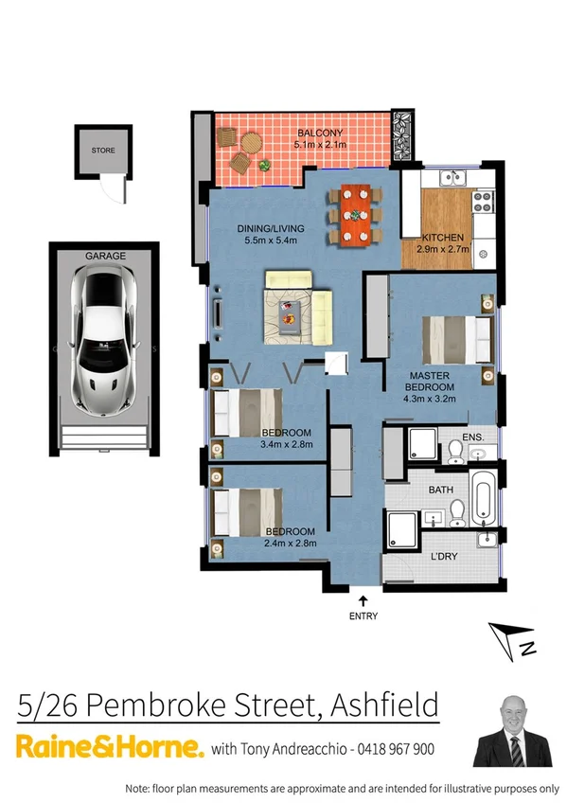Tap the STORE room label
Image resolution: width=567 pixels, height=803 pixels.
102,151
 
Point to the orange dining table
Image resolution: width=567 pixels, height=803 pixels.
354,214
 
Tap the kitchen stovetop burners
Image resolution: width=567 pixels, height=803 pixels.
483,200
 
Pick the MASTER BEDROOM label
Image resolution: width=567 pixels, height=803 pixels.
431,381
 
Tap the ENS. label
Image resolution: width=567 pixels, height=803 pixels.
473,437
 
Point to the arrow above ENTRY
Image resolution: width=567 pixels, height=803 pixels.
363,599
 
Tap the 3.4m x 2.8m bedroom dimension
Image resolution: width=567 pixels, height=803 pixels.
287,443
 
